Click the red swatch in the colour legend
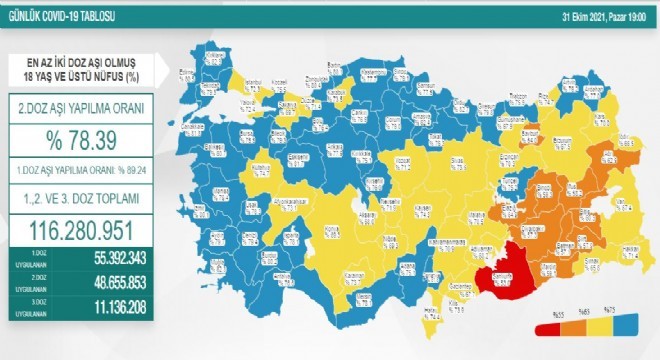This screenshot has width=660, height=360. point(547,328)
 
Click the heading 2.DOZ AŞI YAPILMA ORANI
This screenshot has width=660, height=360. point(87,106)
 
